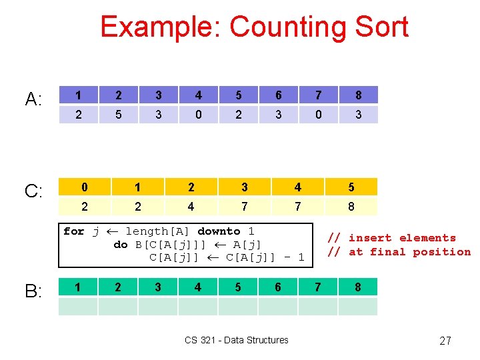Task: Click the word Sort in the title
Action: point(381,27)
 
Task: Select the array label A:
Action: point(33,100)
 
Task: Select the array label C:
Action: point(33,192)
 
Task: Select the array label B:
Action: point(33,291)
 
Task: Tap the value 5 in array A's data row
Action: point(119,115)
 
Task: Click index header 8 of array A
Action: point(358,95)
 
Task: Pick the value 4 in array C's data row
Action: point(191,207)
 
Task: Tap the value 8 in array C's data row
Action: point(351,207)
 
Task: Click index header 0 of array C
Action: point(85,187)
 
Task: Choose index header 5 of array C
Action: point(351,187)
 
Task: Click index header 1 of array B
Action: point(79,287)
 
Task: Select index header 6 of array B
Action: point(278,287)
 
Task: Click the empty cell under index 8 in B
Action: point(358,307)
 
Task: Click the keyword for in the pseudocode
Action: point(73,231)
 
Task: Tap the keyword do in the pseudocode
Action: point(121,245)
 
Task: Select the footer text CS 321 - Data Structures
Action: point(237,340)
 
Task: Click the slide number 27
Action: point(445,341)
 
